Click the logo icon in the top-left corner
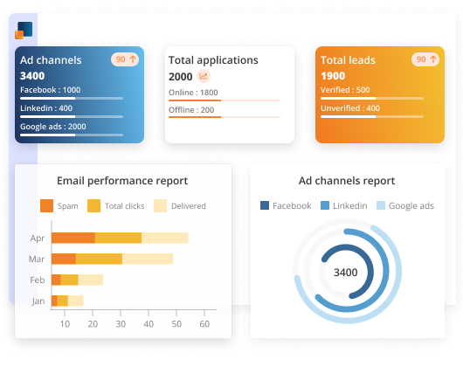[x=24, y=31]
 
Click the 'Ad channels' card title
[x=51, y=60]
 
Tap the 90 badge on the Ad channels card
[x=125, y=59]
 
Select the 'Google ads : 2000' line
[x=52, y=127]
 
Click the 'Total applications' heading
[x=213, y=60]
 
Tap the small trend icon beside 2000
[x=204, y=77]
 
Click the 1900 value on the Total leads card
[x=333, y=76]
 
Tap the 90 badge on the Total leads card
[x=425, y=59]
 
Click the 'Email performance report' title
[x=122, y=181]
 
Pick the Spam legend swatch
[x=46, y=205]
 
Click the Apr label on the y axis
[x=37, y=238]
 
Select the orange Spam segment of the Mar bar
[x=64, y=259]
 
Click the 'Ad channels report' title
[x=346, y=181]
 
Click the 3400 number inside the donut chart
[x=346, y=272]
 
